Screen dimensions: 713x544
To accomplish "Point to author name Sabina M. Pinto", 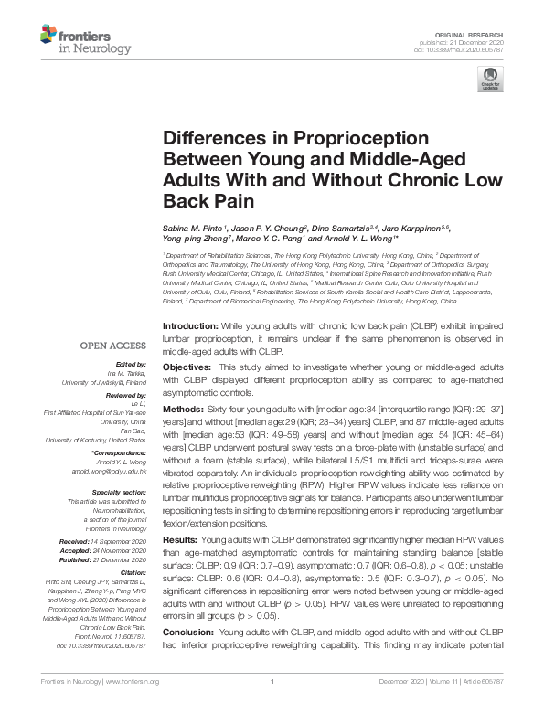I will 198,229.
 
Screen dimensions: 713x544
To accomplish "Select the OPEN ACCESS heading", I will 112,346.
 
